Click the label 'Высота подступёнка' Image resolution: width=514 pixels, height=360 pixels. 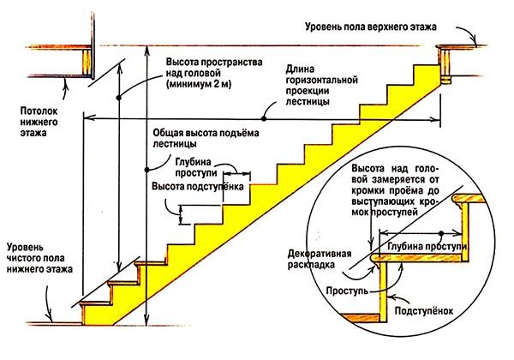[198, 185]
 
